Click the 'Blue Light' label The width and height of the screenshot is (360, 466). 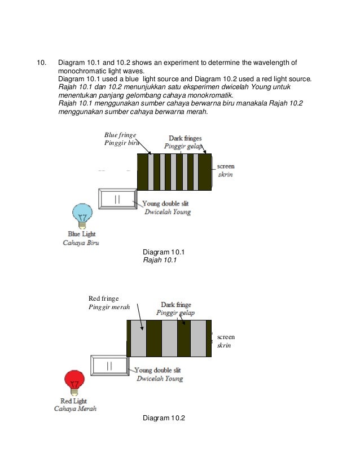tap(82, 234)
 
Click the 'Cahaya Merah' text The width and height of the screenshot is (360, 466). tap(73, 408)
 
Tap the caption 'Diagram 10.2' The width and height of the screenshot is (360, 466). tap(164, 418)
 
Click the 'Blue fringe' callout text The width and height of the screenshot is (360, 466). tap(120, 135)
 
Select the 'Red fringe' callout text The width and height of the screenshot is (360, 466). tap(104, 298)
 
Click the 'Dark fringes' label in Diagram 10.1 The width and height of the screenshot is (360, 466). tap(185, 138)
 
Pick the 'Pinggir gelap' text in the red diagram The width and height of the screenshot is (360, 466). tap(175, 313)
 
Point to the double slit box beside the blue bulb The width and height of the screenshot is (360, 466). tap(117, 199)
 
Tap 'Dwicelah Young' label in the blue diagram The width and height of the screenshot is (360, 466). tap(167, 212)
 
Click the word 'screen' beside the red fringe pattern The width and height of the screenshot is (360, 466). tap(226, 337)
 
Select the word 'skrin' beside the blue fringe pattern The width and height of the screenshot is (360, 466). tap(225, 175)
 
